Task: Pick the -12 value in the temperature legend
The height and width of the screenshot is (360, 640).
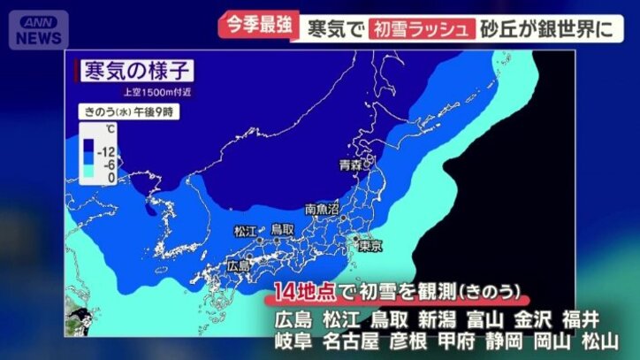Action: point(108,151)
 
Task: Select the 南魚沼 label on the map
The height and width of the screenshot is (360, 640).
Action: point(322,210)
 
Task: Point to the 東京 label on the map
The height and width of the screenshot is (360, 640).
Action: point(370,246)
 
